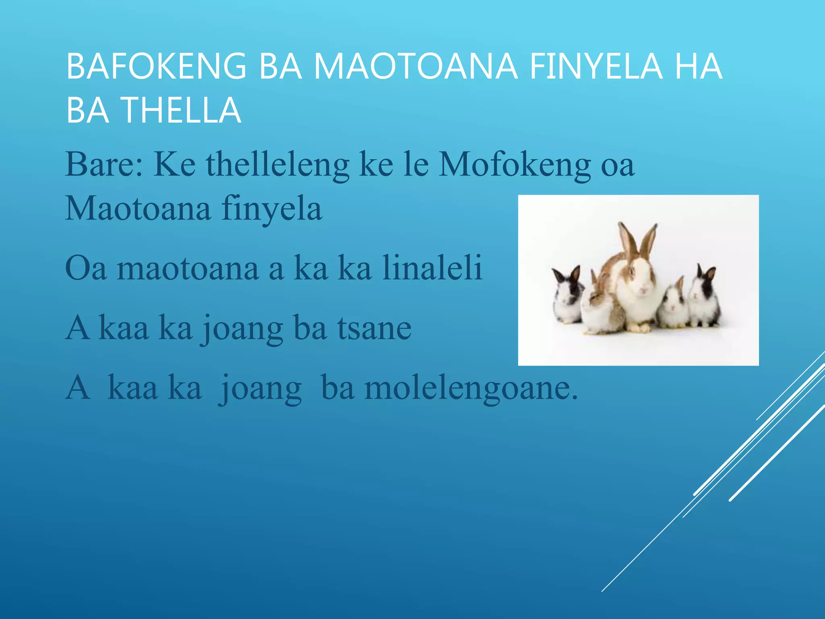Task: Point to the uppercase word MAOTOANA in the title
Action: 415,66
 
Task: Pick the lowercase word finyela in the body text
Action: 272,209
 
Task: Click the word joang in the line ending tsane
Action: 242,328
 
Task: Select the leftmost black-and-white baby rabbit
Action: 568,296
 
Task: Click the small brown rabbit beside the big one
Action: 600,308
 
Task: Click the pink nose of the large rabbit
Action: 643,289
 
